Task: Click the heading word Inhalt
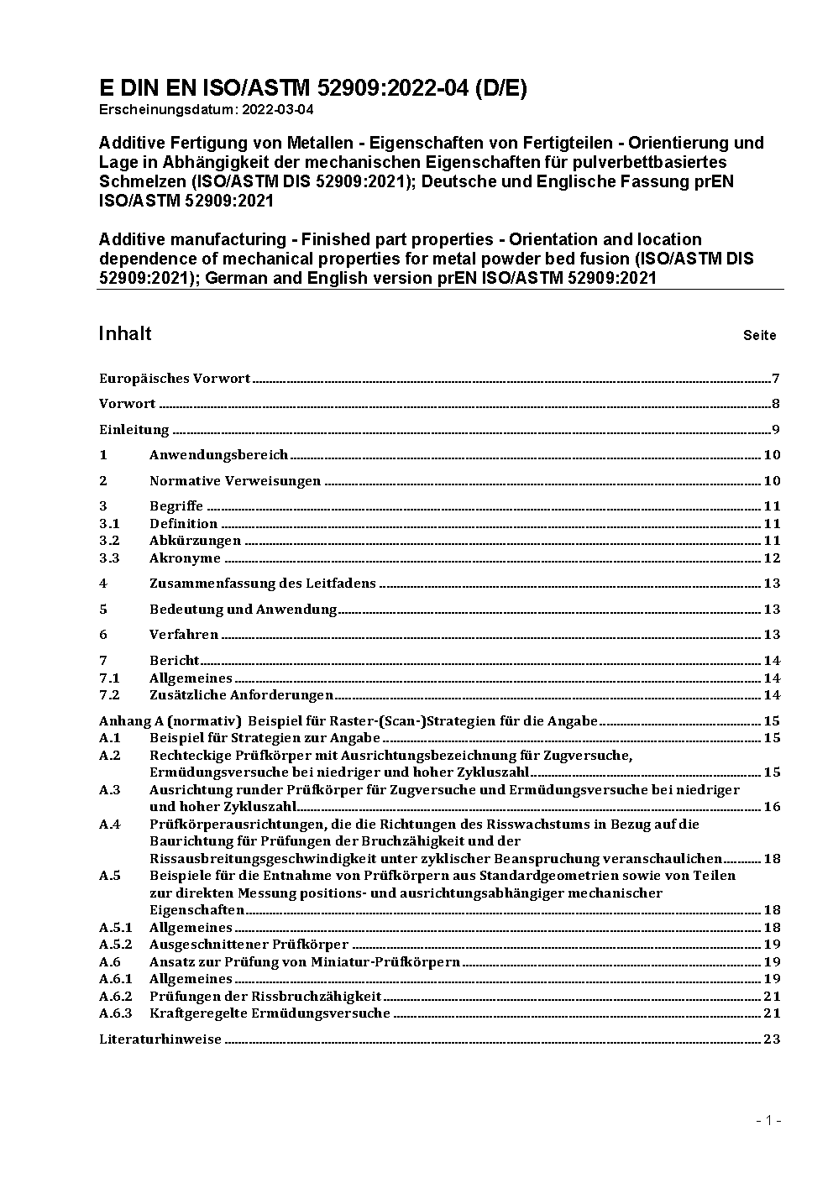(x=125, y=334)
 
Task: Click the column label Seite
(x=759, y=336)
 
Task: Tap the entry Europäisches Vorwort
(x=175, y=379)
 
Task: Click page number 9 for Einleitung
(x=777, y=430)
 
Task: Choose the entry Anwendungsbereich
(x=218, y=455)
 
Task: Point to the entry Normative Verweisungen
(x=235, y=481)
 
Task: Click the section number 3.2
(x=109, y=541)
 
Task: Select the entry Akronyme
(x=185, y=558)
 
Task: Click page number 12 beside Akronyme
(x=772, y=558)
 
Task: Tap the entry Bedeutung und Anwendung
(x=243, y=610)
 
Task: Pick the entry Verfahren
(x=184, y=635)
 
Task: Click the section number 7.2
(x=109, y=695)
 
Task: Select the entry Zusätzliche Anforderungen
(x=241, y=695)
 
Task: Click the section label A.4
(x=110, y=825)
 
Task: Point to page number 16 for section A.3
(x=772, y=807)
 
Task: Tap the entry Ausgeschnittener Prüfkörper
(x=249, y=945)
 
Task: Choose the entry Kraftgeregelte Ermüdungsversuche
(x=270, y=1013)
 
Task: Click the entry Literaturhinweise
(x=160, y=1039)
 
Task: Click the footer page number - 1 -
(x=768, y=1120)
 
